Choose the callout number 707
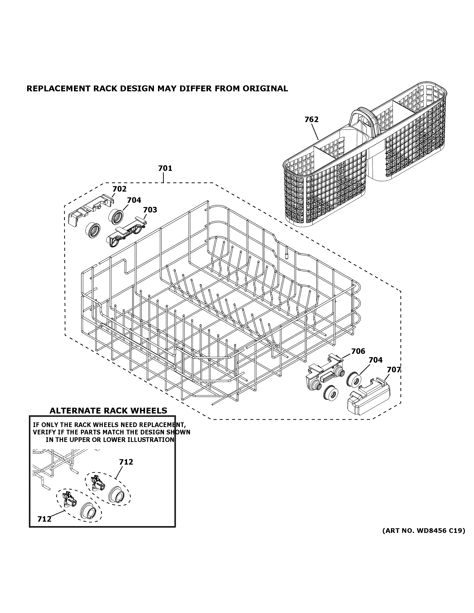tap(394, 370)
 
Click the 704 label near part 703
tap(134, 200)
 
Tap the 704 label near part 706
tap(375, 360)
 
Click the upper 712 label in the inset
tap(126, 462)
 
